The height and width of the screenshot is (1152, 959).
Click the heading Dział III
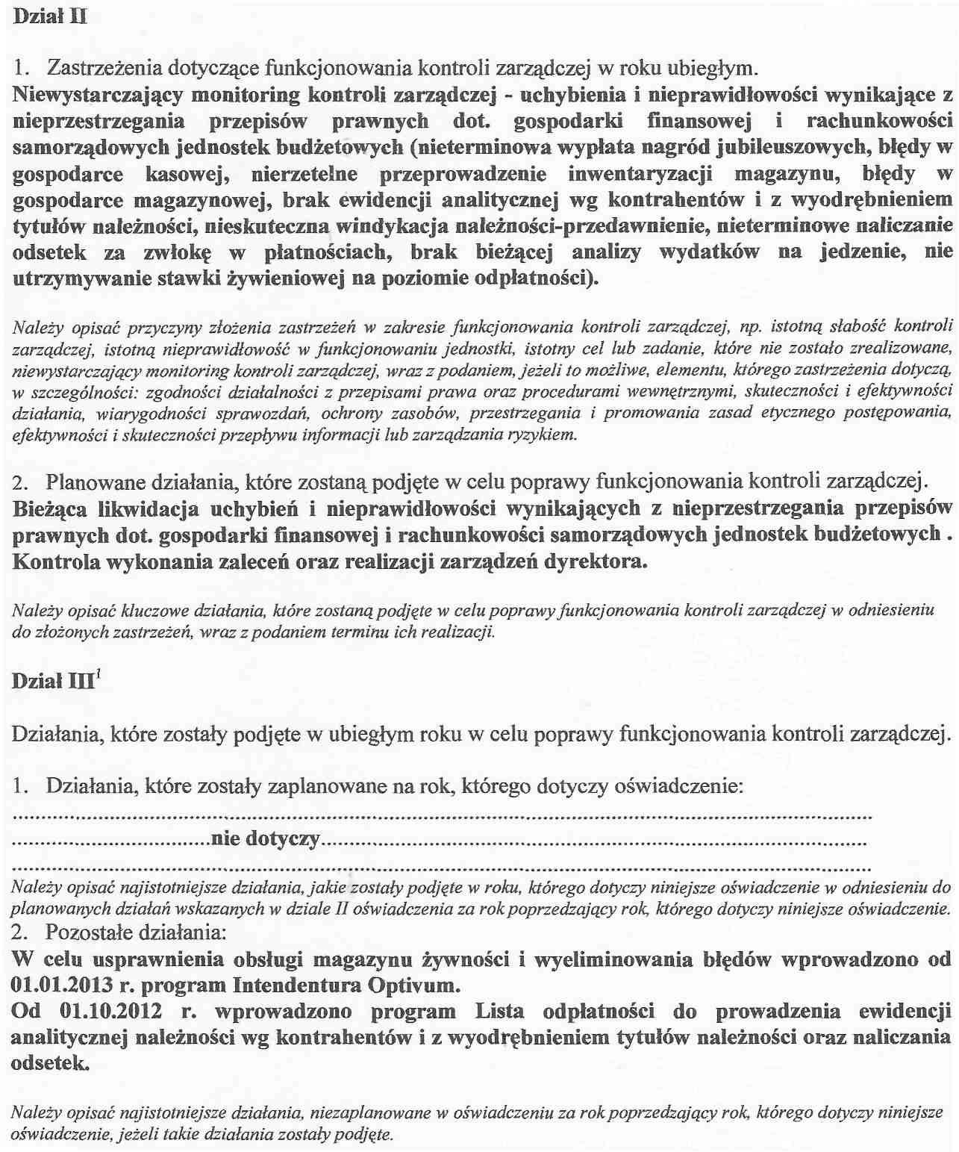[52, 681]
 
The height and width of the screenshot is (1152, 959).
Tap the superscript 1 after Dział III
[99, 673]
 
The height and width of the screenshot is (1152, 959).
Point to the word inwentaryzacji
[640, 174]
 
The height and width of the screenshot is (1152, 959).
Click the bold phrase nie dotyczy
[266, 838]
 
